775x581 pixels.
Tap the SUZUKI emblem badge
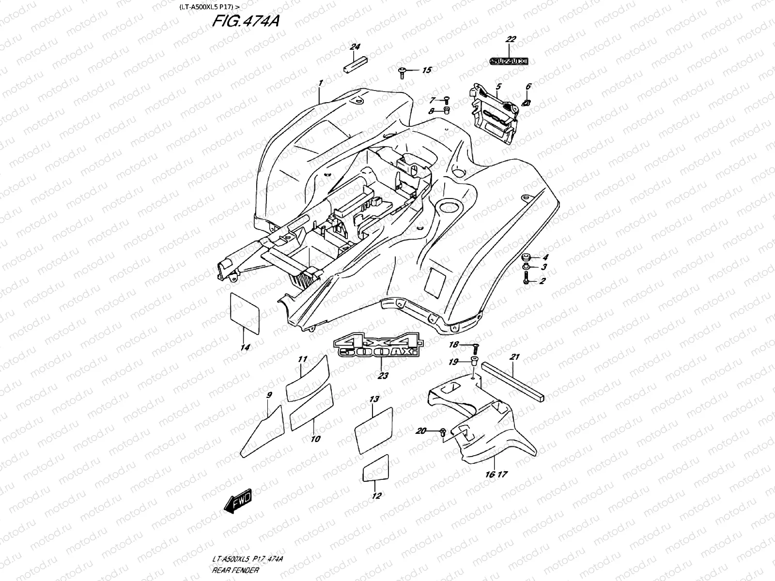pos(508,61)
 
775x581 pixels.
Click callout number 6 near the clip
pos(528,86)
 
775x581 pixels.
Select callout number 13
pos(374,399)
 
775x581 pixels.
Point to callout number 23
pos(383,376)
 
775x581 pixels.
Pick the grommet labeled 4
pos(526,257)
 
